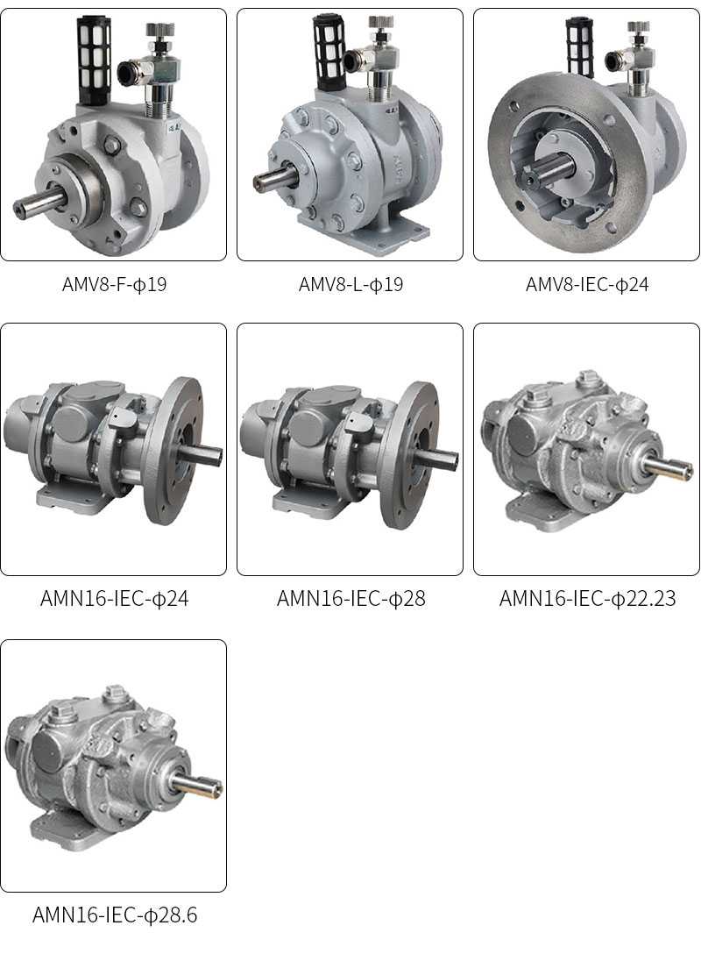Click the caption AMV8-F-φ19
(x=114, y=284)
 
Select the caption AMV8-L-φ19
(x=350, y=284)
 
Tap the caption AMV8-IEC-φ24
(x=587, y=284)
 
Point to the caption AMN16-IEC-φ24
(x=114, y=599)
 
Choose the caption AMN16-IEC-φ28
(x=350, y=599)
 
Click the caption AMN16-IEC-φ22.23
(x=587, y=599)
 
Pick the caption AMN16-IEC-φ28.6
(x=114, y=915)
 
